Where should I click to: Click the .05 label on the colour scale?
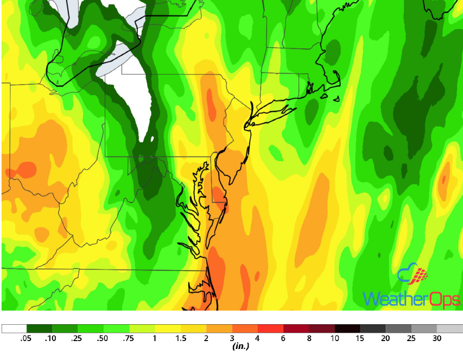pyautogui.click(x=26, y=338)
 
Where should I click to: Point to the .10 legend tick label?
pyautogui.click(x=52, y=338)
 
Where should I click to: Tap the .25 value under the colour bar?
pyautogui.click(x=77, y=338)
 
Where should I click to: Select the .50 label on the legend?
pyautogui.click(x=103, y=338)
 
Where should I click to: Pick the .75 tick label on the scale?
pyautogui.click(x=129, y=338)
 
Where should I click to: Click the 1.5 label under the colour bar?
pyautogui.click(x=180, y=338)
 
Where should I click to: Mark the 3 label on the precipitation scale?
pyautogui.click(x=232, y=338)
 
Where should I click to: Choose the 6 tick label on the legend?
pyautogui.click(x=283, y=338)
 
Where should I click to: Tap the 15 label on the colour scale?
pyautogui.click(x=361, y=338)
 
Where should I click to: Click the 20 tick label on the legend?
pyautogui.click(x=386, y=338)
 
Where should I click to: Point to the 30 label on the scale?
pyautogui.click(x=437, y=338)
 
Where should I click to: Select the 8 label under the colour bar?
pyautogui.click(x=309, y=338)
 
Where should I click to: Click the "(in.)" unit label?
pyautogui.click(x=240, y=346)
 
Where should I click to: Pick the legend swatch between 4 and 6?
pyautogui.click(x=270, y=328)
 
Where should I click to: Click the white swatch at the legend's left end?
pyautogui.click(x=14, y=328)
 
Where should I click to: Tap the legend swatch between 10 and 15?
pyautogui.click(x=347, y=328)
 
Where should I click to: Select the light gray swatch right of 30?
pyautogui.click(x=450, y=328)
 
